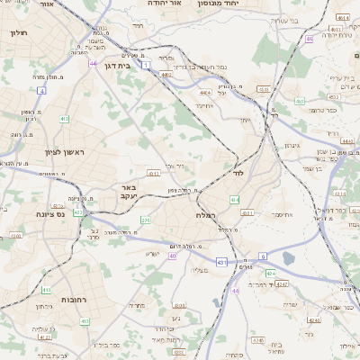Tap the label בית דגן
pos(131,65)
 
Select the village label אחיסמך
pos(278,214)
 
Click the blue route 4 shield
pos(42,91)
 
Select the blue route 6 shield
pos(264,256)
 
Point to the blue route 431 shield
pos(220,261)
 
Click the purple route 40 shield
pos(172,256)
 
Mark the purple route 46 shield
pos(309,39)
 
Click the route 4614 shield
pos(341,18)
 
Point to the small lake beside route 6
pos(288,259)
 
